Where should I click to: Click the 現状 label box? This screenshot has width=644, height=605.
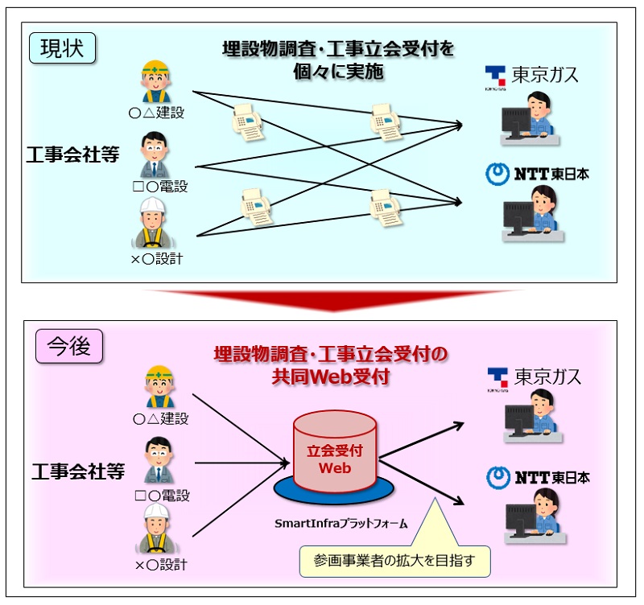[x=63, y=48]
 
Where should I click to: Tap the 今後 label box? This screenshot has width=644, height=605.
[x=69, y=346]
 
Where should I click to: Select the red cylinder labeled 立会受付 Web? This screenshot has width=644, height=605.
[x=335, y=451]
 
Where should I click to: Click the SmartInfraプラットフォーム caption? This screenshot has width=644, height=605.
[x=341, y=523]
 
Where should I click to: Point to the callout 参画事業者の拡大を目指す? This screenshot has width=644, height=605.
[x=395, y=561]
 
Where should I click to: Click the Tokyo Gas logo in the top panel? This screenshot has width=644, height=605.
[x=531, y=76]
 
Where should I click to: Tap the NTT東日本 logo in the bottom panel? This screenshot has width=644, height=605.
[x=538, y=477]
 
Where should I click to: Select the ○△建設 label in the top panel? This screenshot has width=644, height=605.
[x=156, y=113]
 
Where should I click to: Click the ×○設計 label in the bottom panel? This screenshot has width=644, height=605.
[x=161, y=565]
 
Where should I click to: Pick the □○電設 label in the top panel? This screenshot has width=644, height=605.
[x=160, y=187]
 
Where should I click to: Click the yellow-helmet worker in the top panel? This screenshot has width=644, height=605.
[x=155, y=82]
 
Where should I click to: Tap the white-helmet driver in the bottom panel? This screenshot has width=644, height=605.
[x=156, y=529]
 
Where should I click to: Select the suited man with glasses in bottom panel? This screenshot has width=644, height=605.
[x=159, y=460]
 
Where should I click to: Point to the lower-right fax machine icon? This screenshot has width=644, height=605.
[x=386, y=208]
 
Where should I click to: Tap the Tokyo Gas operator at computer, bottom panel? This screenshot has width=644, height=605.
[x=533, y=416]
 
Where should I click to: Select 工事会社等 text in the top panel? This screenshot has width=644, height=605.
[x=72, y=154]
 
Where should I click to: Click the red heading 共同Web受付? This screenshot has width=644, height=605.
[x=331, y=377]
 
